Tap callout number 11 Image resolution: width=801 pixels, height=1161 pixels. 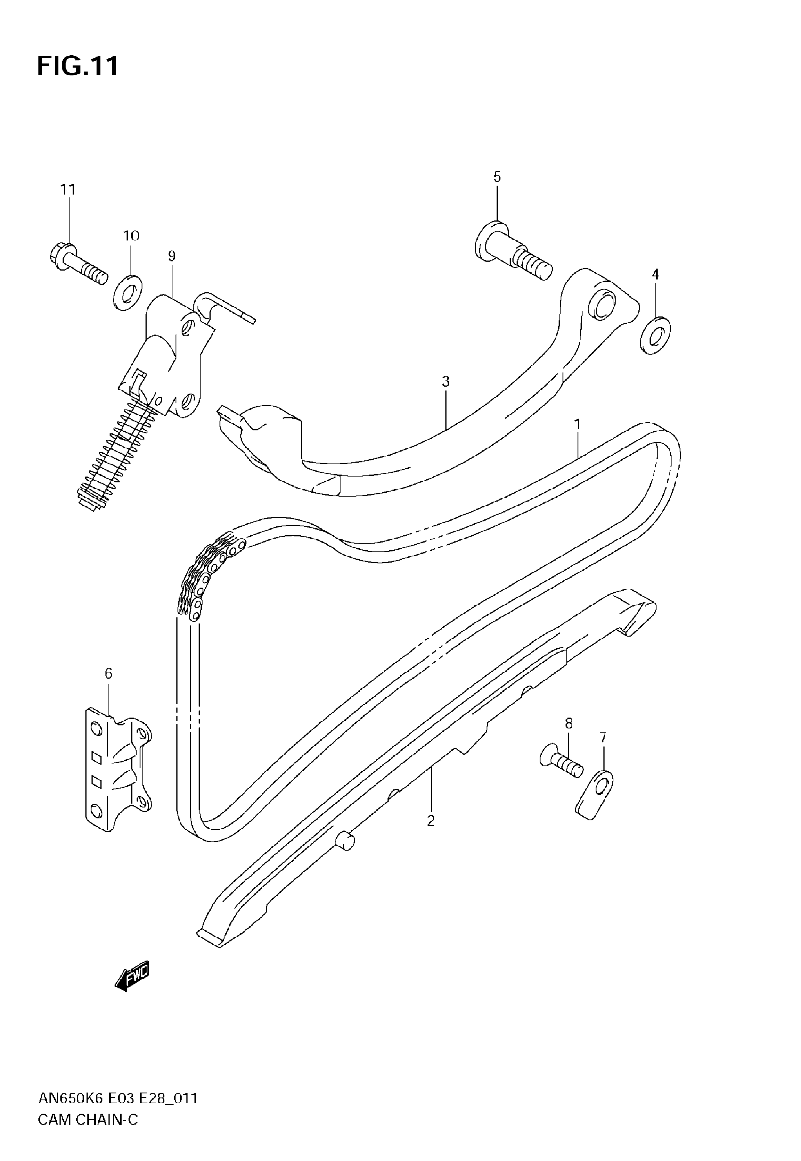click(x=68, y=190)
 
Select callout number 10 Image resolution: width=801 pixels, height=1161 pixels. click(x=131, y=235)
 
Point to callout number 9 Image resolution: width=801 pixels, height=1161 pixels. click(x=172, y=256)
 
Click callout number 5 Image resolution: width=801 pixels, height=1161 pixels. click(x=497, y=177)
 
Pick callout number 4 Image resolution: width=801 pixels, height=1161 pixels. click(x=655, y=274)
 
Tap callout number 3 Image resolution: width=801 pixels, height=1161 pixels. click(x=445, y=381)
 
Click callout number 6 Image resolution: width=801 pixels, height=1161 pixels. click(x=108, y=673)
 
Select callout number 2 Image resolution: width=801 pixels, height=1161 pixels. click(x=431, y=821)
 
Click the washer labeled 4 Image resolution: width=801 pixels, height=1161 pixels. click(x=656, y=335)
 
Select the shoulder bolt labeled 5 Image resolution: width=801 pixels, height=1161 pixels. click(x=512, y=251)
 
